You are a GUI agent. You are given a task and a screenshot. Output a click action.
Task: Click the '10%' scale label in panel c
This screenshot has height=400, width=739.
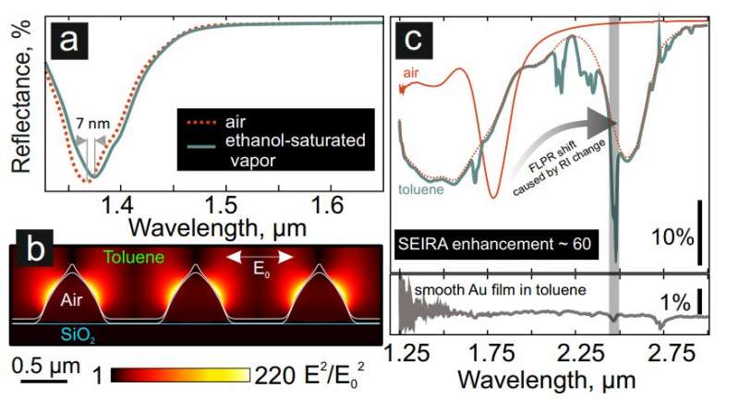(x=672, y=237)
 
